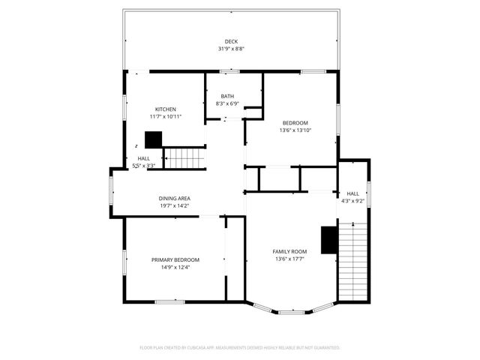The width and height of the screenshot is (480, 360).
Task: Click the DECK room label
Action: pos(231,41)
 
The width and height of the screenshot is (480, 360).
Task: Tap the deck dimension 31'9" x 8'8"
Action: pos(231,49)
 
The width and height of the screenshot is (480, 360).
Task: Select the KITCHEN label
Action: pos(166,109)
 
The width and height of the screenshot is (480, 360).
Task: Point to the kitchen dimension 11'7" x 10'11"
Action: pos(166,116)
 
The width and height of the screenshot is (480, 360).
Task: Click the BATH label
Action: pos(227,96)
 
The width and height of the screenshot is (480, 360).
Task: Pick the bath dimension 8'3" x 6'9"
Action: pos(227,103)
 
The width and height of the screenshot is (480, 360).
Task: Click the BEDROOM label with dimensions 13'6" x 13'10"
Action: pos(295,122)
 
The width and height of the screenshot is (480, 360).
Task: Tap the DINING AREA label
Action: pos(174,198)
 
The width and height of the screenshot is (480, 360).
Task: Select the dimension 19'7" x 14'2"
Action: pos(174,205)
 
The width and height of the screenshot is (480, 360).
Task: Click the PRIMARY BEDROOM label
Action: pos(175,259)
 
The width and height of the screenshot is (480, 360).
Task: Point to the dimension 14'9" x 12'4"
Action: pos(175,267)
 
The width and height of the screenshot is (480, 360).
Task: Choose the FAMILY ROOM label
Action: pos(289,250)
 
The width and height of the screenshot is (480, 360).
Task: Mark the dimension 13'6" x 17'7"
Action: pos(289,259)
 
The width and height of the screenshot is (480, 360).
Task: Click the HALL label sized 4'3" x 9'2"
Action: pos(352,193)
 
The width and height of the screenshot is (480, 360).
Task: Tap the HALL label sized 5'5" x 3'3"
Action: pos(143,158)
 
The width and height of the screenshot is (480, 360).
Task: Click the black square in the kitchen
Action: pos(154,139)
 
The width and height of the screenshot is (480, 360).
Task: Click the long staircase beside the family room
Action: pos(355,258)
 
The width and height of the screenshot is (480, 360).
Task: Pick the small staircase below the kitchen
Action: pos(184,158)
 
